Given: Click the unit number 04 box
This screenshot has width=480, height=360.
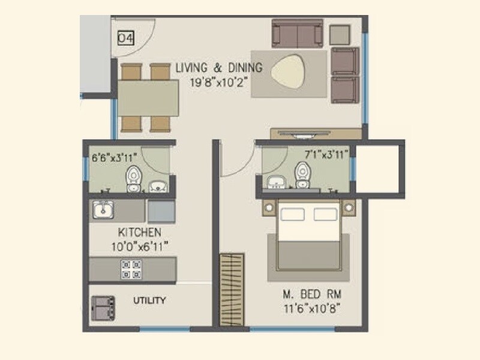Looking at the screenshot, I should coord(125,38).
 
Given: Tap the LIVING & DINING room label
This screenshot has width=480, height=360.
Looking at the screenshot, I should coord(219,68).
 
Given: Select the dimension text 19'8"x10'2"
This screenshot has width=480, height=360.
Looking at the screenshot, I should coord(218,82).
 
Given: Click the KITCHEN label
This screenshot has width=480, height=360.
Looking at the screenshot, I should coord(139,232).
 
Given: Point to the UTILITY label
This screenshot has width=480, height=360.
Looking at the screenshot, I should coord(149,301).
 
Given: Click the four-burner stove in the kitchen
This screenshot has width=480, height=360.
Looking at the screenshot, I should coord(131,268).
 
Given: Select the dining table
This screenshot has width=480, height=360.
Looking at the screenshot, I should coord(148,97).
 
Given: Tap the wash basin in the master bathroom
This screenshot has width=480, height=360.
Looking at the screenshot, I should coord(277,181).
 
